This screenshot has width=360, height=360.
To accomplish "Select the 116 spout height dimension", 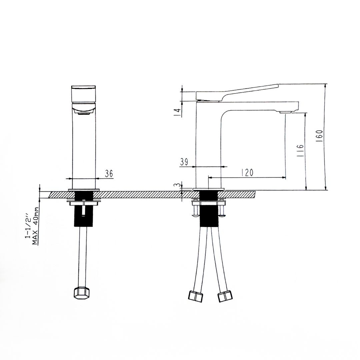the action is click(300, 151).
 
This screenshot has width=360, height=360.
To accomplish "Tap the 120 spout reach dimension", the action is click(247, 172).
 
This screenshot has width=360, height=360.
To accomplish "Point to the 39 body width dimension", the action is click(184, 162).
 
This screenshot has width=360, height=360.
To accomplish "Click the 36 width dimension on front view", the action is click(109, 174).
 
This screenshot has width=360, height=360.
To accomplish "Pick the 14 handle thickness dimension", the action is click(178, 112).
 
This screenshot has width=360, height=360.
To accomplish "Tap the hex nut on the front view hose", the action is click(82, 293).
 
